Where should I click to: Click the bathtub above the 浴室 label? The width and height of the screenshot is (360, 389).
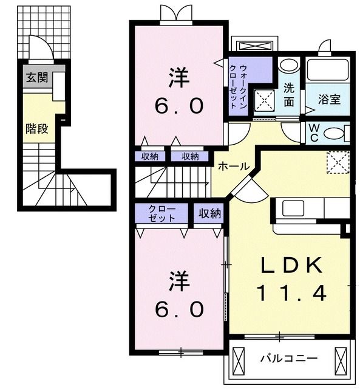[x=328, y=70]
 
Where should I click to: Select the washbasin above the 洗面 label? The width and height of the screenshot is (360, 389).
[x=289, y=64]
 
